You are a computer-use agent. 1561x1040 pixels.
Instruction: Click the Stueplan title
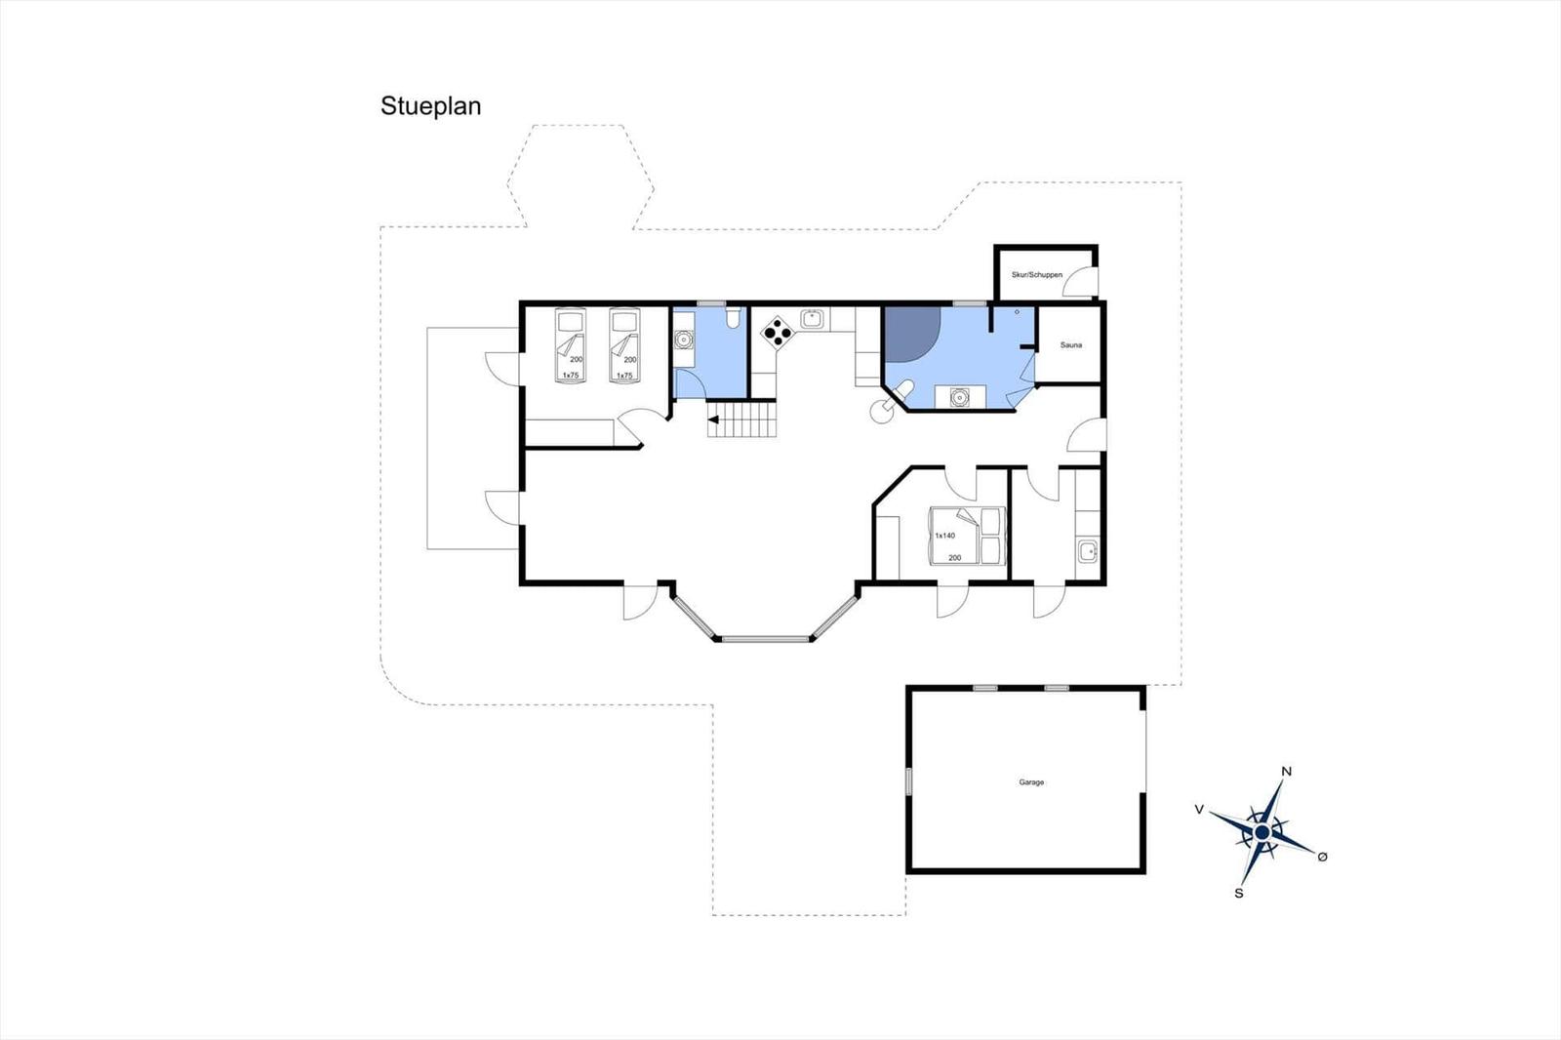[x=430, y=106]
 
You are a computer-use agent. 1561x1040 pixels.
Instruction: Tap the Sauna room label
[x=1071, y=345]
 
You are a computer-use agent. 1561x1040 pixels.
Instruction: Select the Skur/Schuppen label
[x=1037, y=275]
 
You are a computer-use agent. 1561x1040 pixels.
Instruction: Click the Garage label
[x=1031, y=782]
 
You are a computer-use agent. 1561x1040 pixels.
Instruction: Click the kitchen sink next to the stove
[x=813, y=319]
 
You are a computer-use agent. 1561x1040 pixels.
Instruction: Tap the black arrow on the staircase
[x=713, y=420]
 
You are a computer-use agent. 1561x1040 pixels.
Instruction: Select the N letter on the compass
[x=1287, y=771]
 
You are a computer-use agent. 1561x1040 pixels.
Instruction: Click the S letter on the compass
[x=1238, y=893]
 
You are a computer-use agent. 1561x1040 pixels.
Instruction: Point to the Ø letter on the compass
[x=1322, y=857]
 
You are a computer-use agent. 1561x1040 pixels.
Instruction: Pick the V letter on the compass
[x=1199, y=810]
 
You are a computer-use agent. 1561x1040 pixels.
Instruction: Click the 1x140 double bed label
[x=945, y=536]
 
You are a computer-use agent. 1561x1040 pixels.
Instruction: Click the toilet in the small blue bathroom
[x=732, y=319]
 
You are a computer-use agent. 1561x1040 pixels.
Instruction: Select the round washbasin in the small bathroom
[x=684, y=340]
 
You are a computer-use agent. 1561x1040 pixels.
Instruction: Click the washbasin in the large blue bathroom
[x=960, y=397]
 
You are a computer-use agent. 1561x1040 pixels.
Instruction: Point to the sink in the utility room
[x=1087, y=550]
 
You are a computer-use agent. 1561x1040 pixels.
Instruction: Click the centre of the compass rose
[x=1262, y=832]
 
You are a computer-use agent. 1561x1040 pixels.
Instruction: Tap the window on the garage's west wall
[x=908, y=781]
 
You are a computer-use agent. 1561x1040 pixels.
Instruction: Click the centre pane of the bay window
[x=765, y=638]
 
